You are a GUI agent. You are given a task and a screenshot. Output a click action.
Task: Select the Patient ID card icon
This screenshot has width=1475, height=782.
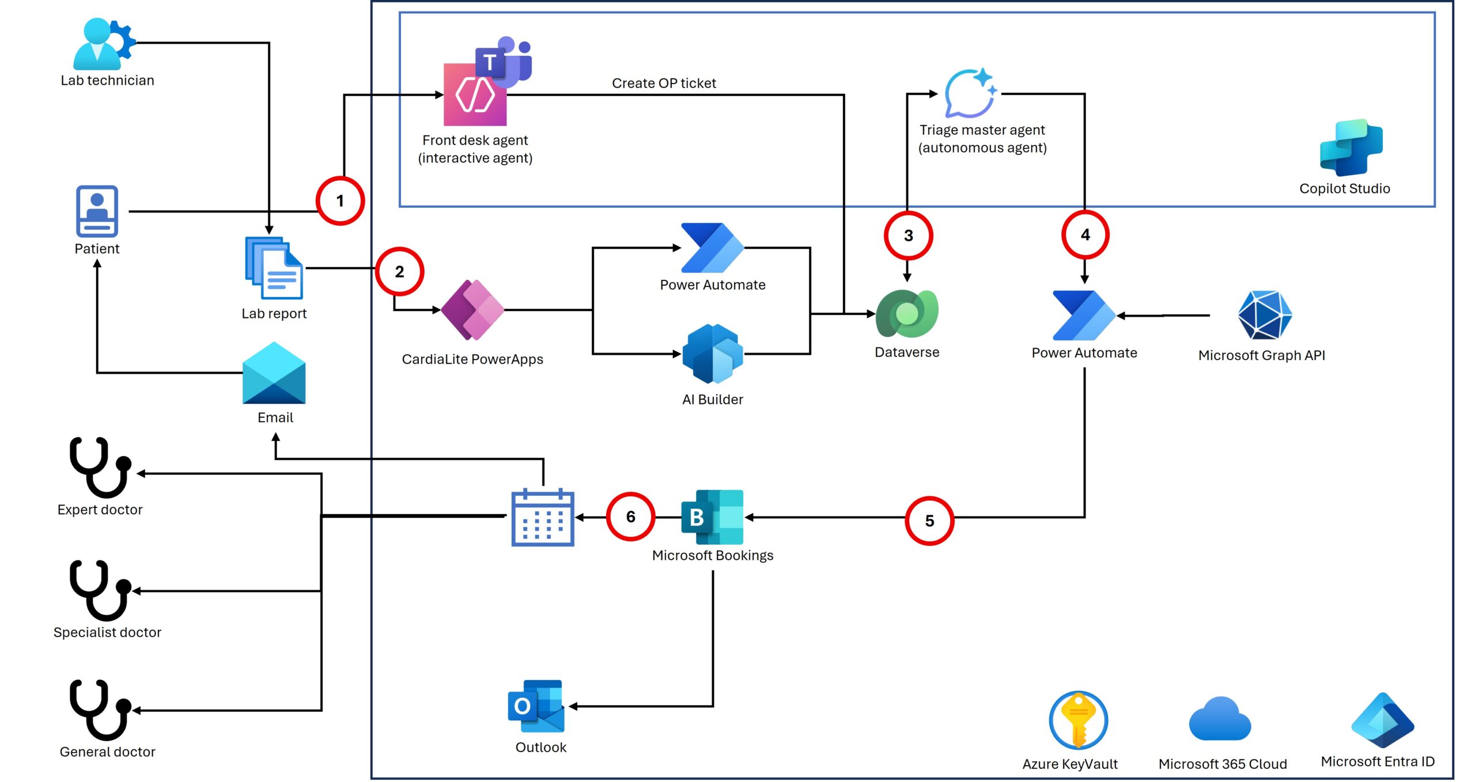[97, 211]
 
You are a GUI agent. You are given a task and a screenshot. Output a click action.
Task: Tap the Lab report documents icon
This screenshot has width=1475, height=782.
[274, 268]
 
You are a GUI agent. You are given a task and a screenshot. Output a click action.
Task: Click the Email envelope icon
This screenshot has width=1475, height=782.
[274, 373]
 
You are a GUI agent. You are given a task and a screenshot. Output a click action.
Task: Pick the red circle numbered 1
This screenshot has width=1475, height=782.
[340, 201]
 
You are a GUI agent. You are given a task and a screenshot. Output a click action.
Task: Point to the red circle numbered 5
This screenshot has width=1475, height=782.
[929, 521]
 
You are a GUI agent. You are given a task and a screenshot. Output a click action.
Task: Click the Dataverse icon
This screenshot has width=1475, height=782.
[907, 314]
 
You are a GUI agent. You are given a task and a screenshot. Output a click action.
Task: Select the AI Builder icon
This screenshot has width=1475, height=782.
[713, 354]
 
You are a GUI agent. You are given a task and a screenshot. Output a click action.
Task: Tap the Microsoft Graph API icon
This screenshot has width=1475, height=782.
[1265, 315]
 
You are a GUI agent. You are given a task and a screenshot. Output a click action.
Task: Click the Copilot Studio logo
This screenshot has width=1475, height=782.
[1351, 148]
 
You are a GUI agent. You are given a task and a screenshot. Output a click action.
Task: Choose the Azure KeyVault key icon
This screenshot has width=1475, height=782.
[1078, 720]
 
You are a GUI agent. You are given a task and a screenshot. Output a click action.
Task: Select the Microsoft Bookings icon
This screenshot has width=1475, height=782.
[712, 517]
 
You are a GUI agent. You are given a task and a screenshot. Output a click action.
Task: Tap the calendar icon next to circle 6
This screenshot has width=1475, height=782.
[543, 517]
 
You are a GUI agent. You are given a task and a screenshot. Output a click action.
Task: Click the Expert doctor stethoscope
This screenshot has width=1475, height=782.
[99, 468]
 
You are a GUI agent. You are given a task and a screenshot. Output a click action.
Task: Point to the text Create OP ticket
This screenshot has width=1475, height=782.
[664, 83]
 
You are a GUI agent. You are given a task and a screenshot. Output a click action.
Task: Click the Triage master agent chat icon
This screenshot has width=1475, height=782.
[970, 93]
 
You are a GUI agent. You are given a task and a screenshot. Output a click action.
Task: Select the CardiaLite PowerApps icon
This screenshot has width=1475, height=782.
[472, 310]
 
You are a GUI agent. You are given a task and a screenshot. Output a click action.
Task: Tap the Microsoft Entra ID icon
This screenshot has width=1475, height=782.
[1382, 720]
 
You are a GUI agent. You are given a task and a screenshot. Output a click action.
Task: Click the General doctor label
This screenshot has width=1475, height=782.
[108, 752]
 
